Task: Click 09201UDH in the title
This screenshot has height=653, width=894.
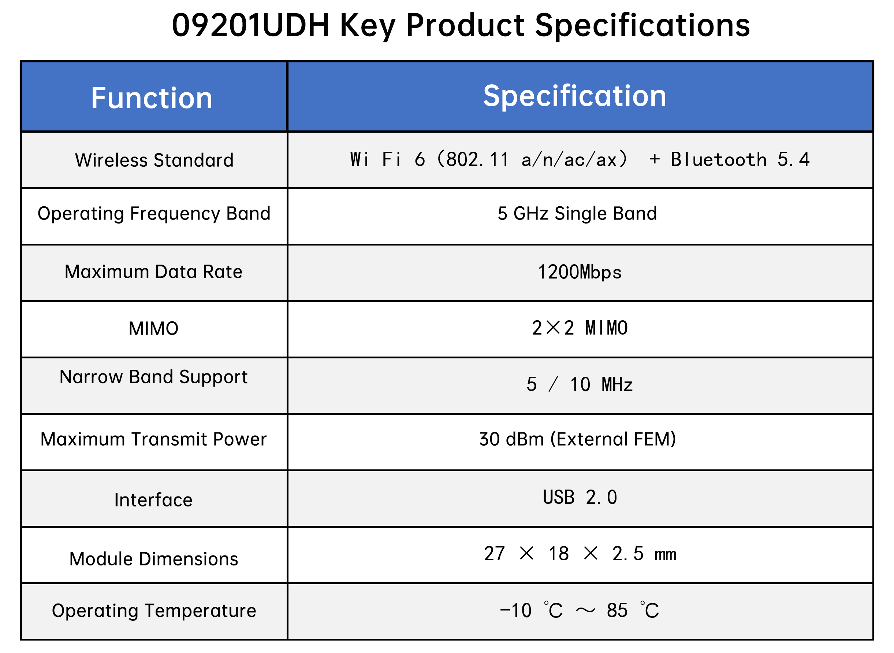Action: pyautogui.click(x=250, y=25)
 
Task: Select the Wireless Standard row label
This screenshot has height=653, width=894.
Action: pyautogui.click(x=154, y=160)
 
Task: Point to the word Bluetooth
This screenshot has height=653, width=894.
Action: pyautogui.click(x=719, y=159)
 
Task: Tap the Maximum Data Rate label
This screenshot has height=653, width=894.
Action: pyautogui.click(x=154, y=272)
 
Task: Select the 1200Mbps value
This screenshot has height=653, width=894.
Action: pyautogui.click(x=579, y=272)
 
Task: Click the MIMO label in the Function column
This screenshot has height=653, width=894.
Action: pyautogui.click(x=154, y=328)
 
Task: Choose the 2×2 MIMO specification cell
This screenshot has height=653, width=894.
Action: pyautogui.click(x=580, y=328)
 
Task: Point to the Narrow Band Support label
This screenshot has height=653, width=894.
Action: pyautogui.click(x=154, y=377)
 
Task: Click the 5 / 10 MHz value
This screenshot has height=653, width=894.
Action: pyautogui.click(x=579, y=384)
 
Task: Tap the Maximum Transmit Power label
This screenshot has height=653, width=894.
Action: pyautogui.click(x=154, y=439)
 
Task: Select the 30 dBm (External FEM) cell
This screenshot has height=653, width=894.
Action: pyautogui.click(x=577, y=439)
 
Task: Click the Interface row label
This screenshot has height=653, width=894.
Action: pyautogui.click(x=154, y=500)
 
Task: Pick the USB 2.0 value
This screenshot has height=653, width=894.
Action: pyautogui.click(x=580, y=497)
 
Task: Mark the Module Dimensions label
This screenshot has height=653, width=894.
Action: pyautogui.click(x=154, y=559)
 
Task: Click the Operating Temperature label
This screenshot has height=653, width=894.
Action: pyautogui.click(x=154, y=611)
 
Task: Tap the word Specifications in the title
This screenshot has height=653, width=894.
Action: pyautogui.click(x=642, y=26)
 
